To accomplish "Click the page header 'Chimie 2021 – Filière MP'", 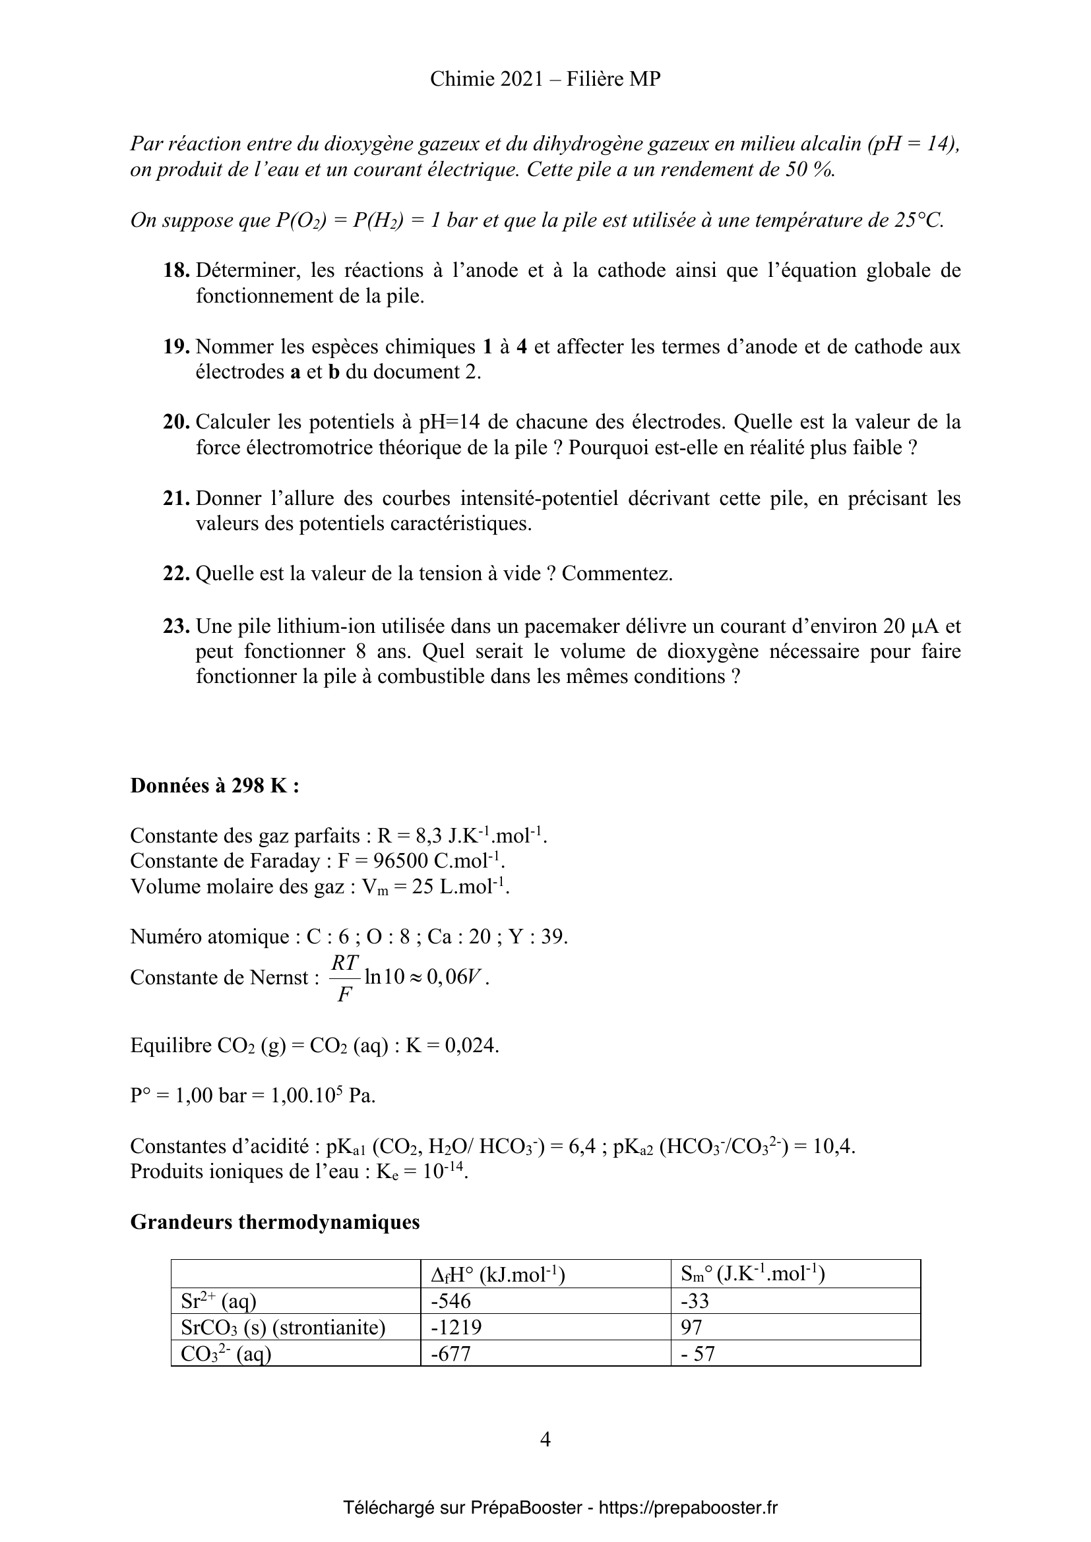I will click(x=545, y=79).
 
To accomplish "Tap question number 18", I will click(x=177, y=271).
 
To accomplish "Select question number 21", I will click(x=177, y=498).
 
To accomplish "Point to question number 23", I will click(x=177, y=626).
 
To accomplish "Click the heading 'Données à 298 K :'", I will click(x=214, y=785).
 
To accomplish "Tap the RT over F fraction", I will click(x=345, y=978).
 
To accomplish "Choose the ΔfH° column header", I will click(x=497, y=1274).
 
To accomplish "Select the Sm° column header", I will click(x=753, y=1274).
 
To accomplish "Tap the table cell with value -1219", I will click(x=456, y=1327).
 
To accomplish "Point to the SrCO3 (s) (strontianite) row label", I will click(x=283, y=1328).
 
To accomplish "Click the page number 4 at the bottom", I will click(x=545, y=1439).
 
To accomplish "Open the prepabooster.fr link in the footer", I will click(x=688, y=1508).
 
